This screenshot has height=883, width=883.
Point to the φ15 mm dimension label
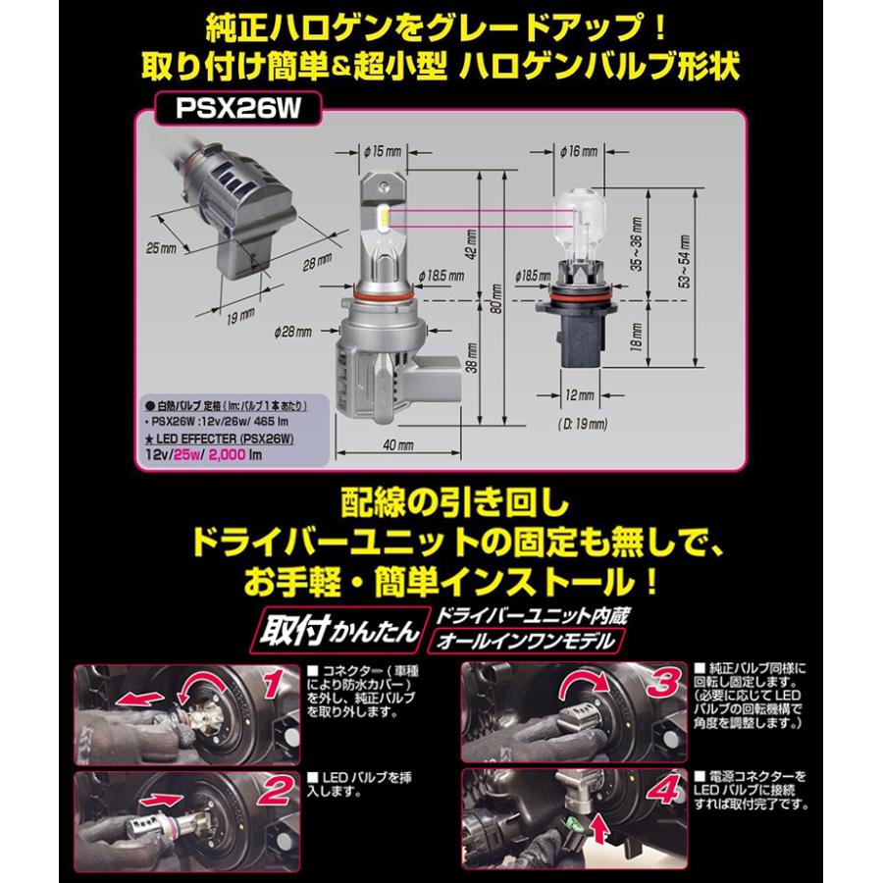tap(383, 151)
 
